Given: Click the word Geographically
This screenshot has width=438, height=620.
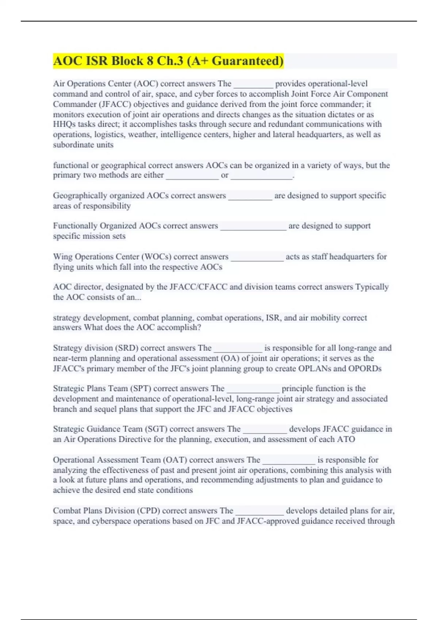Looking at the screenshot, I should coord(80,196).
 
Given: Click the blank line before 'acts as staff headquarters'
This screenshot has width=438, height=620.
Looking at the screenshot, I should coord(257,257).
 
